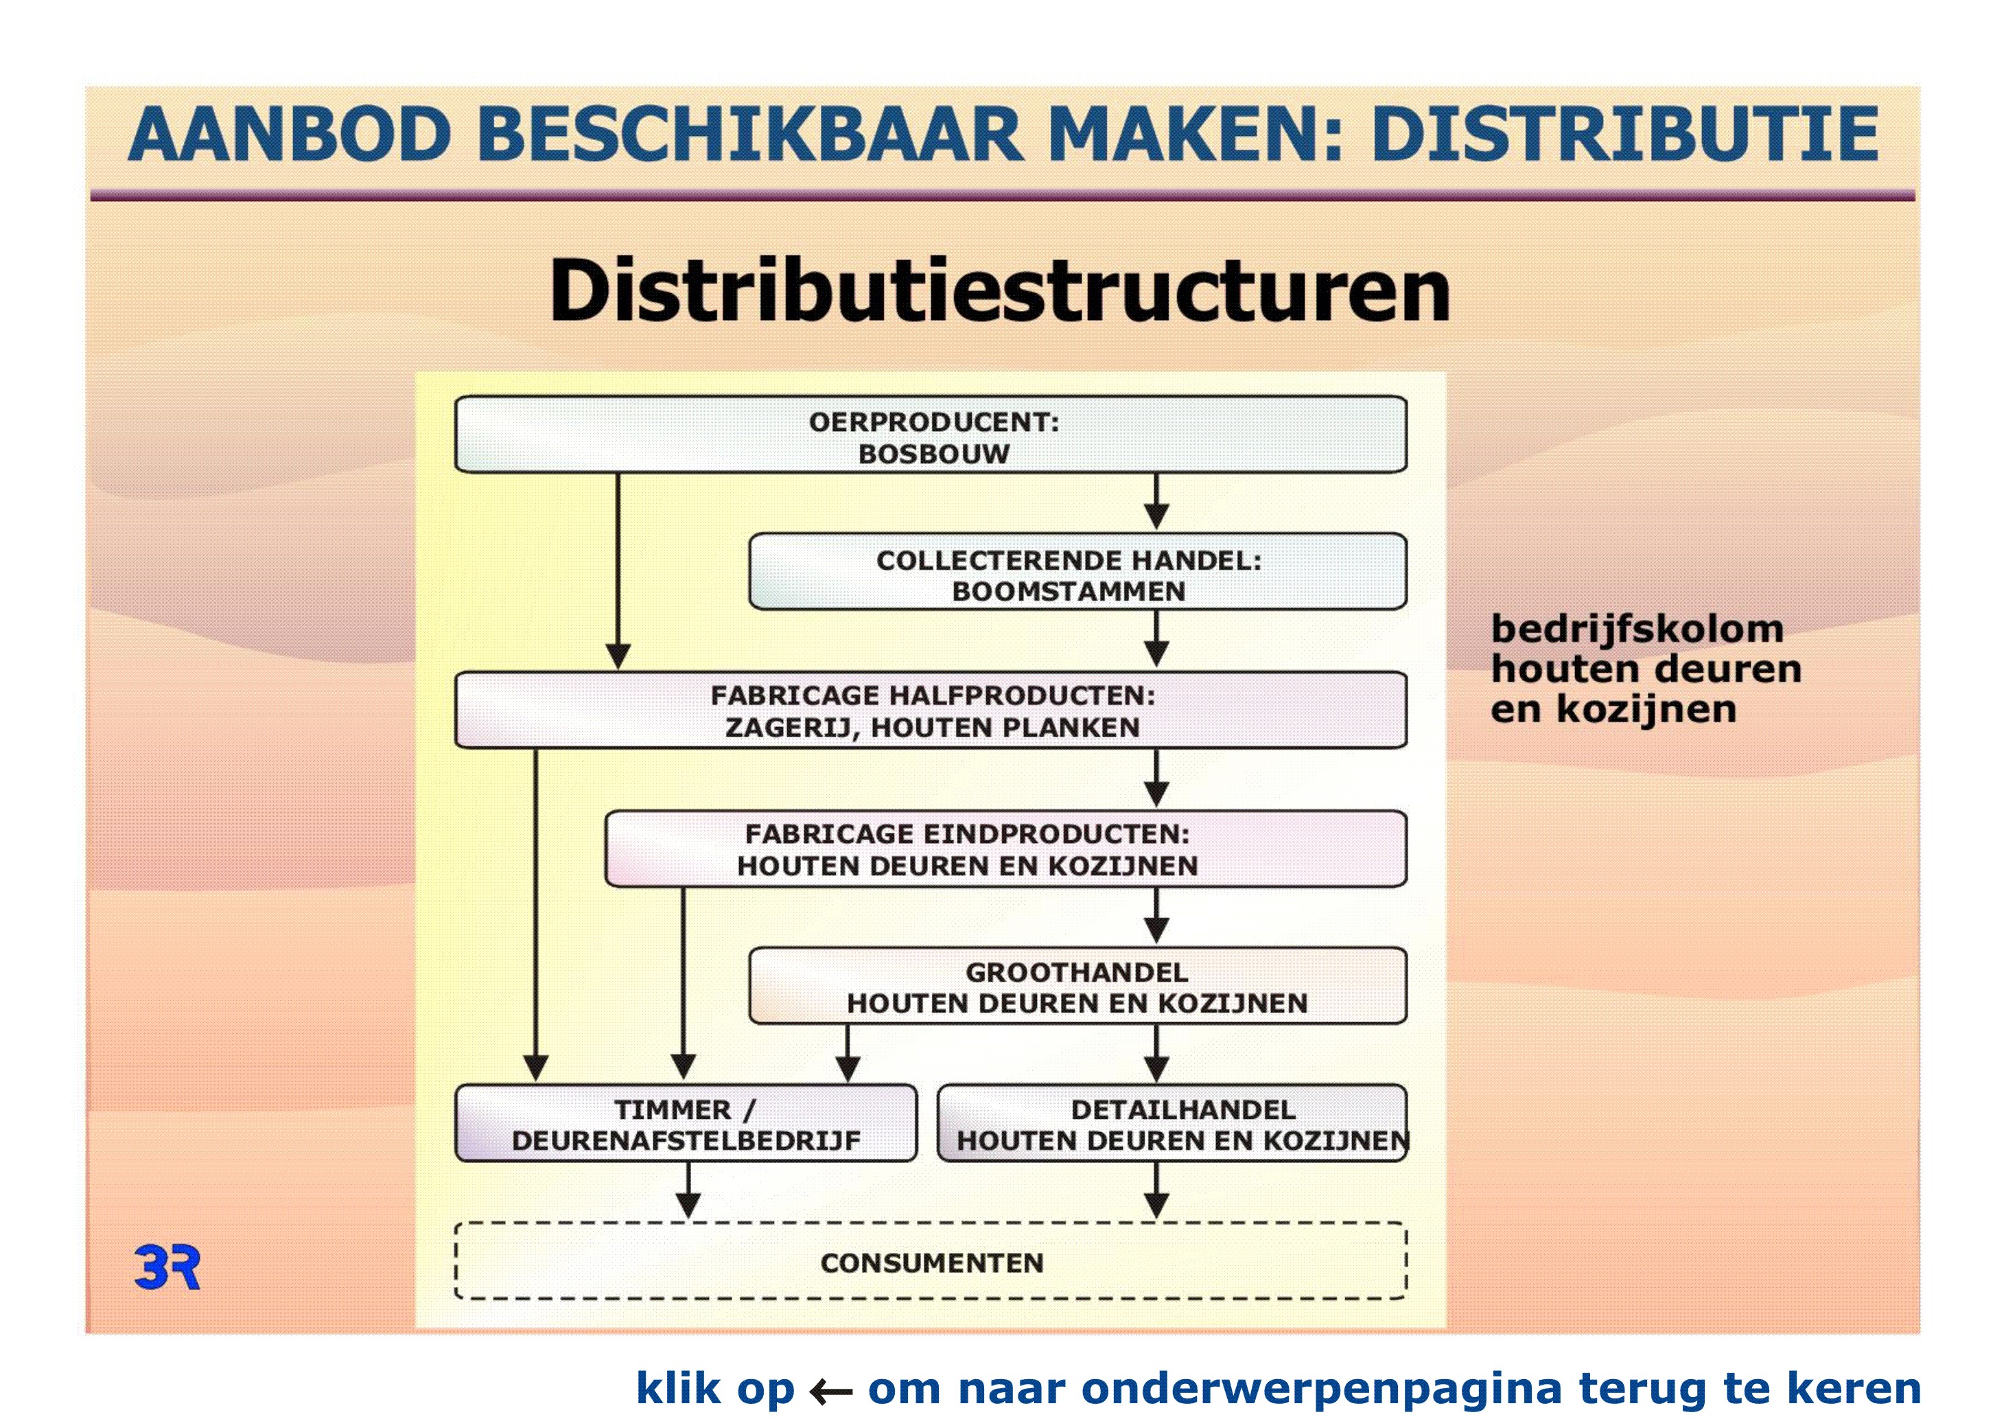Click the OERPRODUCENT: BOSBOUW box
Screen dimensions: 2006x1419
coord(931,435)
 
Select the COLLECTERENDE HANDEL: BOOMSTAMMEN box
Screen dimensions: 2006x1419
coord(1078,571)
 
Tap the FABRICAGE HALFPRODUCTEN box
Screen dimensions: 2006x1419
coord(931,711)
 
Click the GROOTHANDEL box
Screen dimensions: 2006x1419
coord(1078,986)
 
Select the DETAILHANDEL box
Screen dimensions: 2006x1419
coord(1172,1124)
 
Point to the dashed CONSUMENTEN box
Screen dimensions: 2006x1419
coord(931,1261)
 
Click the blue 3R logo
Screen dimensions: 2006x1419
coord(167,1267)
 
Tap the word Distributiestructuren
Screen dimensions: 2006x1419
coord(999,290)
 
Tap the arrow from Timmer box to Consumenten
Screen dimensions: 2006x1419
coord(688,1190)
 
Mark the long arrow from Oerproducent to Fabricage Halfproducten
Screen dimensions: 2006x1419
coord(618,571)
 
